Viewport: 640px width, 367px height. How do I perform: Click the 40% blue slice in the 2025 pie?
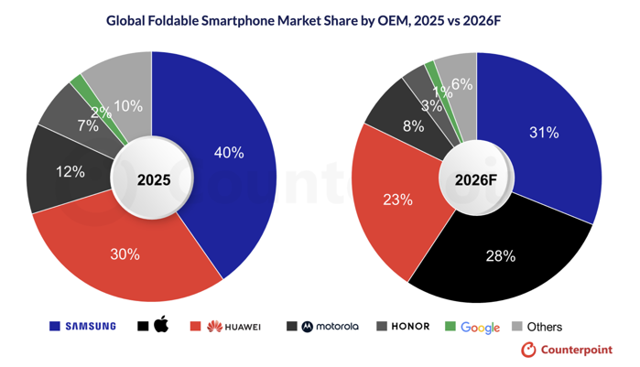tap(228, 153)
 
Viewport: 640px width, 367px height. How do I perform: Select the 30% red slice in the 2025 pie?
tap(125, 254)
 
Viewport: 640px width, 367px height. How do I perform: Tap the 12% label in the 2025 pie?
tap(44, 171)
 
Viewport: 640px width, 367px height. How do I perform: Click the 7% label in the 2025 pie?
tap(88, 125)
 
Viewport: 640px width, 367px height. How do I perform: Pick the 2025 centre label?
tap(154, 179)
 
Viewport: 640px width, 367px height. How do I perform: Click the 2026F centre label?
tap(476, 178)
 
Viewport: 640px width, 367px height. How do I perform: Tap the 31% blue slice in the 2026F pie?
tap(543, 133)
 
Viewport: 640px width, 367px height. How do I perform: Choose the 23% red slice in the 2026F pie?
tap(396, 200)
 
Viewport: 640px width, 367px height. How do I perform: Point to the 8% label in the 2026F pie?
tap(413, 125)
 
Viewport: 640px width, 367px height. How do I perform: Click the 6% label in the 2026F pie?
tap(461, 84)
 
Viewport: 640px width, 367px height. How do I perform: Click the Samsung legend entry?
tap(81, 326)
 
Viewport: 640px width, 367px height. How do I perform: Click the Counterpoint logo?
tap(567, 350)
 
